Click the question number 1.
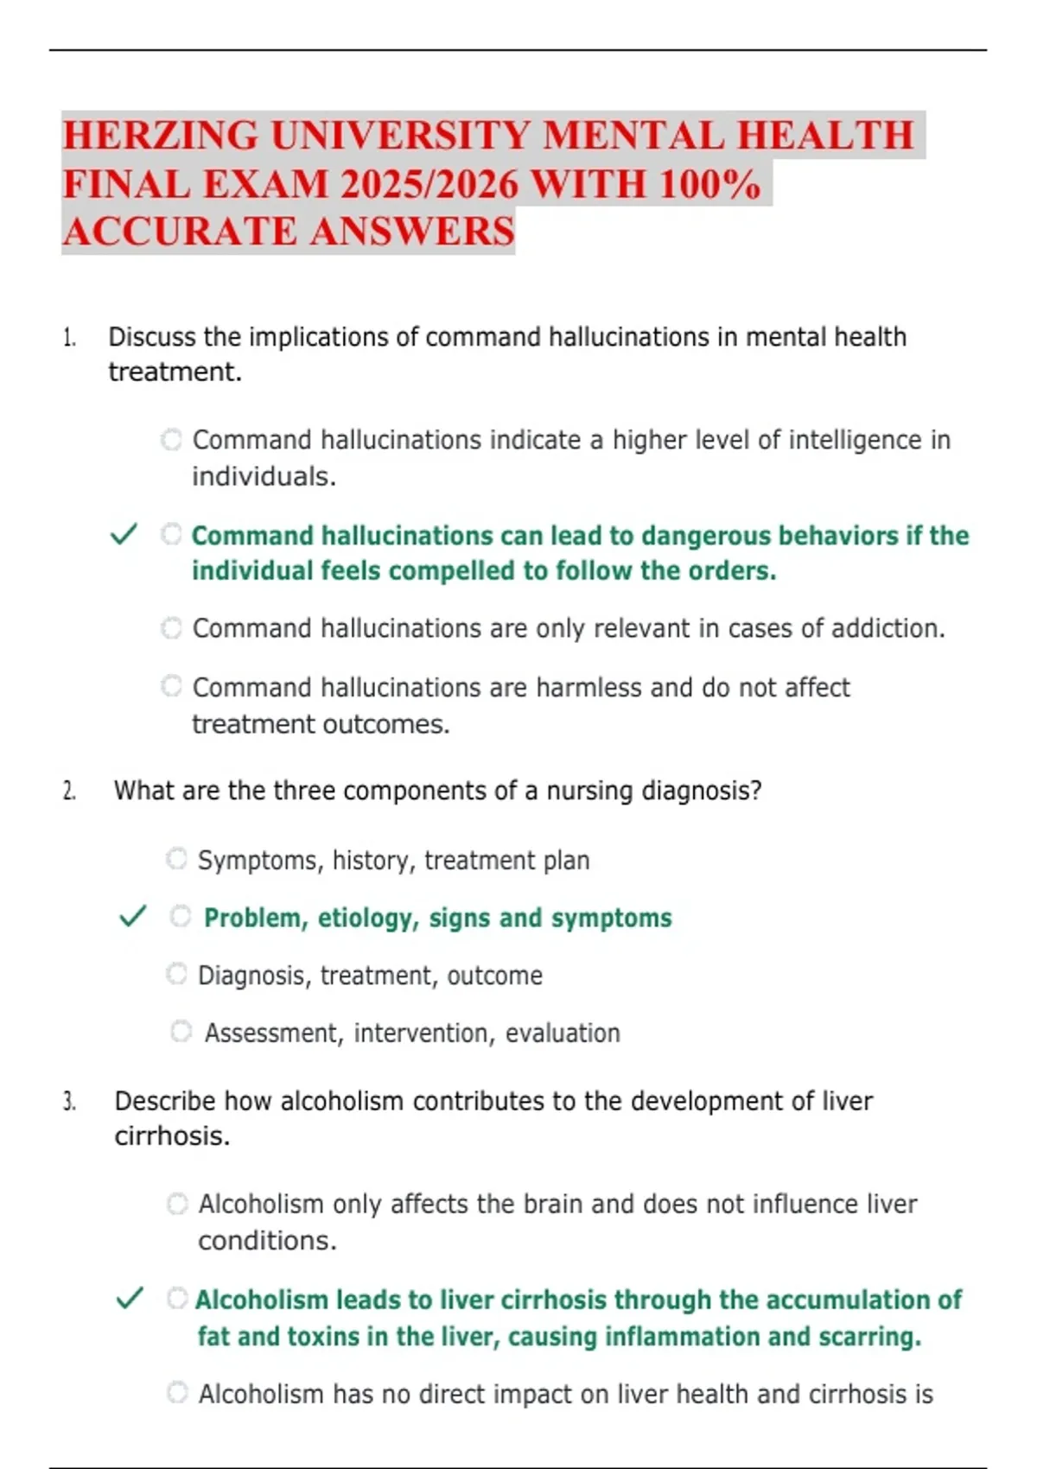point(69,338)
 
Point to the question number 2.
point(69,792)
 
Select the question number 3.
point(69,1102)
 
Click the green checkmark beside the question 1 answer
point(124,535)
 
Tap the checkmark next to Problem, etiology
point(132,916)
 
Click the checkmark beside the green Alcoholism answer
point(130,1298)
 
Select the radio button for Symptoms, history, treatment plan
point(176,859)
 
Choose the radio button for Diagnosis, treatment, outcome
point(176,974)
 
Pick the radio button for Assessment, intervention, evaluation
point(181,1031)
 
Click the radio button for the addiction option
point(171,627)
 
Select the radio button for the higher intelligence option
point(171,439)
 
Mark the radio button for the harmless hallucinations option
point(171,686)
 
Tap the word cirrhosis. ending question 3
point(172,1136)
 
